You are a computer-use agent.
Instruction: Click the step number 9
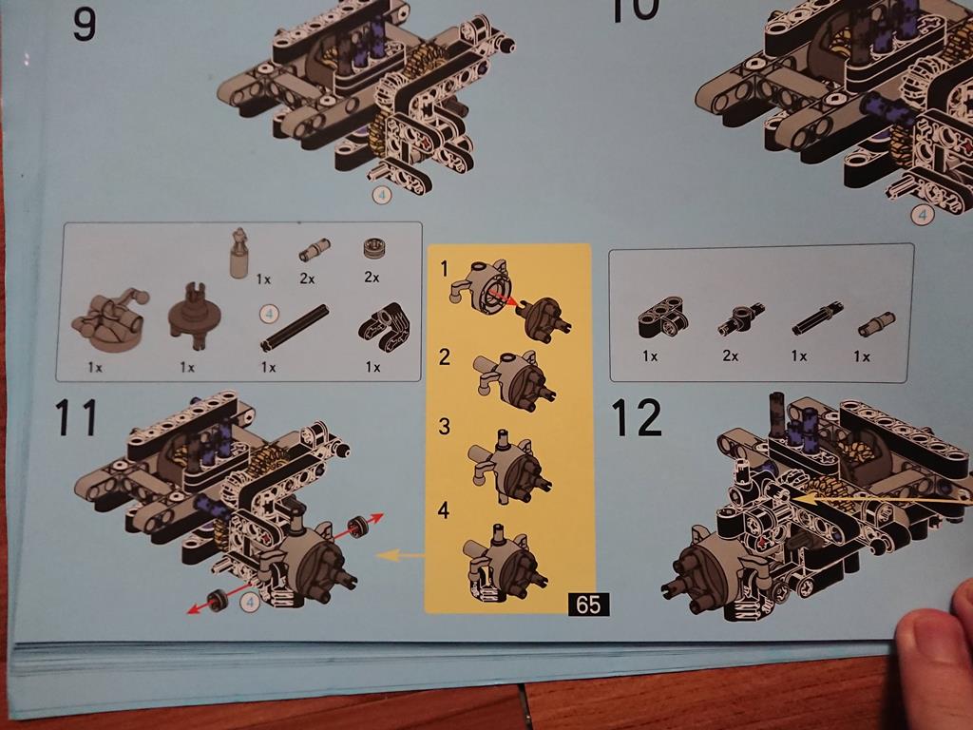tap(85, 24)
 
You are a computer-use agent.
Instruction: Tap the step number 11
tap(76, 417)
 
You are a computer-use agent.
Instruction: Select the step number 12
tap(637, 417)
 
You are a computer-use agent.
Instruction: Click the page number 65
tap(588, 604)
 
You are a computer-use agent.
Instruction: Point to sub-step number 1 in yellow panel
tap(444, 269)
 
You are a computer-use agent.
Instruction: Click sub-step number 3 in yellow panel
tap(444, 427)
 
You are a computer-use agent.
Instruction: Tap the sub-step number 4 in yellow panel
tap(443, 510)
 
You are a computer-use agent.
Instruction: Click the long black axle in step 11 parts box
tap(296, 328)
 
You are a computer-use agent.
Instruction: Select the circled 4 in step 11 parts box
tap(269, 314)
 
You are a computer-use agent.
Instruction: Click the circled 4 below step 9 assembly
tap(382, 195)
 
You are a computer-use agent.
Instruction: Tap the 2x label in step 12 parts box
tap(731, 355)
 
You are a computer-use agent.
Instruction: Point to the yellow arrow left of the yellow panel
tap(401, 555)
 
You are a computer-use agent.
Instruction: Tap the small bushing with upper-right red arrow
tap(357, 527)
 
